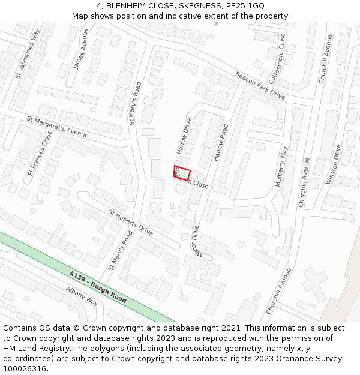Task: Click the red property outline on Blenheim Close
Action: click(182, 173)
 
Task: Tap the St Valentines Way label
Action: click(27, 53)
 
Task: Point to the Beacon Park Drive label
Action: click(260, 85)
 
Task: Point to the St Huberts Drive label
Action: click(131, 221)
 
